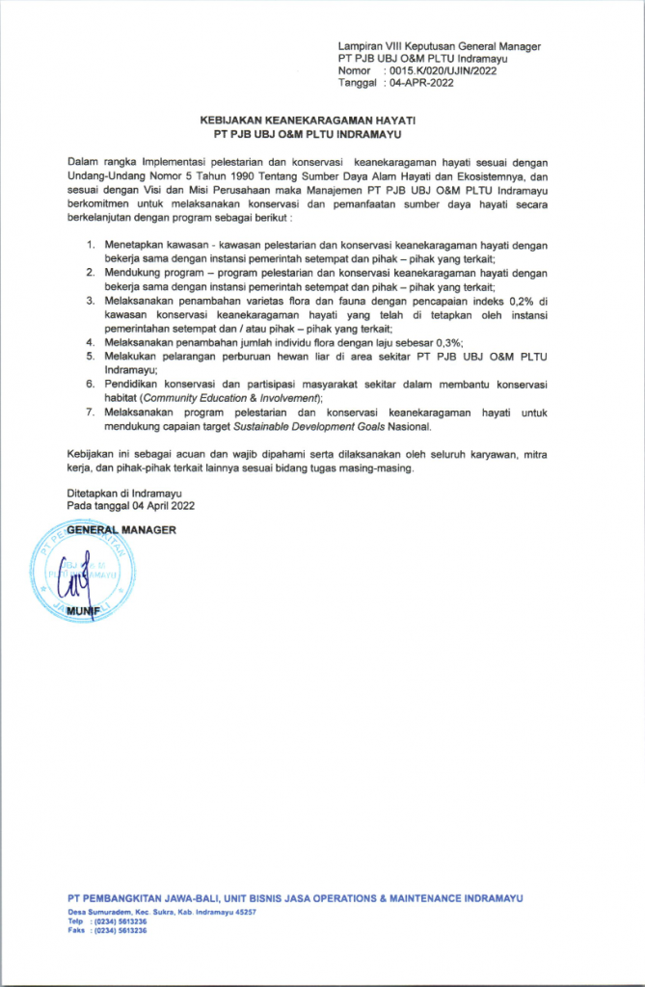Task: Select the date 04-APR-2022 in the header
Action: pos(420,84)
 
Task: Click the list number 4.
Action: pos(91,342)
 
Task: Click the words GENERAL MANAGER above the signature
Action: pos(121,529)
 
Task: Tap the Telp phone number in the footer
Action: pos(120,921)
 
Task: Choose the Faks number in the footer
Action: pos(120,931)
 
